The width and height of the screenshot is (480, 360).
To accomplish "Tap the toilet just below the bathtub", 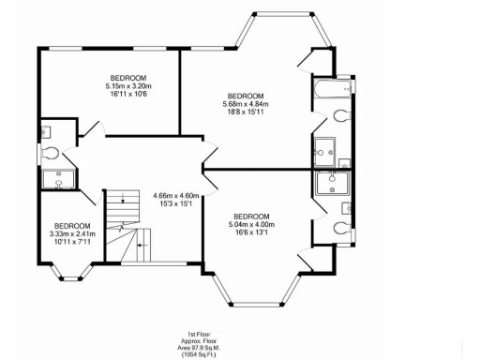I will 341,116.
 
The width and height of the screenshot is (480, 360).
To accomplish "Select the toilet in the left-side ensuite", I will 51,152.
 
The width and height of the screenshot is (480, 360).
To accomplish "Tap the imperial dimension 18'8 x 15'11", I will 245,112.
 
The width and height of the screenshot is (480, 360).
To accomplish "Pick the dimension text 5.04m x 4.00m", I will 251,224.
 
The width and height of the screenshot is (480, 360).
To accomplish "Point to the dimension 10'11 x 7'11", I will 71,242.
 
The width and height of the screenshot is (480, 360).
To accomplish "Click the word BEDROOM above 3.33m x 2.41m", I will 72,226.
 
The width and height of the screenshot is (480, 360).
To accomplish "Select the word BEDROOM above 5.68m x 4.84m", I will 245,96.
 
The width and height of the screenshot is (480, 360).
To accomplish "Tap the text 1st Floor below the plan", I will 197,334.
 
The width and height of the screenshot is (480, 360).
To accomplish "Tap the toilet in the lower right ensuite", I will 342,226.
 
